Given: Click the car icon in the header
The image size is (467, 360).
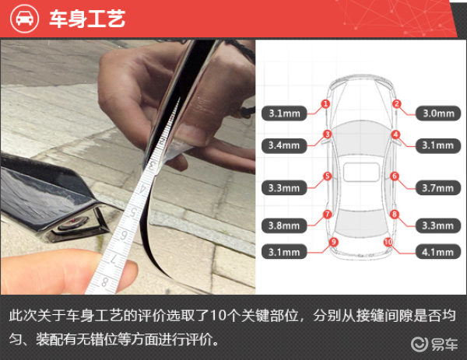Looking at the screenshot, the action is (x=24, y=19).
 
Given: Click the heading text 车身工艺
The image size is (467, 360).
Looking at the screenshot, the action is (x=87, y=19).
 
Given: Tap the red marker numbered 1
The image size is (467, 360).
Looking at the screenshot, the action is (x=325, y=104).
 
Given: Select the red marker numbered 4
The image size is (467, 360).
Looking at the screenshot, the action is (x=395, y=135).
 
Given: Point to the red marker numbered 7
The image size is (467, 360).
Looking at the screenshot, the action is (x=328, y=215).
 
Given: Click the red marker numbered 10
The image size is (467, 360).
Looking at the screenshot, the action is (x=388, y=242).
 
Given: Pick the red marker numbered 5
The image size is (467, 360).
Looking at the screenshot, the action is (x=328, y=177).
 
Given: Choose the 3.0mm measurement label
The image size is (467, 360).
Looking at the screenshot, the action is (x=438, y=114).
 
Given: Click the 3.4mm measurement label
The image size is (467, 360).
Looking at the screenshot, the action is (x=284, y=145).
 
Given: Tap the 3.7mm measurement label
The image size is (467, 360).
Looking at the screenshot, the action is (x=438, y=187).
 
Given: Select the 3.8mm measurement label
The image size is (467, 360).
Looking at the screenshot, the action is (x=284, y=225).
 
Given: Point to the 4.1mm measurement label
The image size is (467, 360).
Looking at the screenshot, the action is (x=438, y=252).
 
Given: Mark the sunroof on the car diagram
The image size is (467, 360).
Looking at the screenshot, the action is (x=361, y=172).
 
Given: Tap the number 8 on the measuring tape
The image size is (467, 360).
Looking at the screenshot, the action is (x=104, y=281).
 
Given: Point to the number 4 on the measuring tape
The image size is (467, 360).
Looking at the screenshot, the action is (x=143, y=189).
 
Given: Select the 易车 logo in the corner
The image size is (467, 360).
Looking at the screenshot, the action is (x=434, y=344).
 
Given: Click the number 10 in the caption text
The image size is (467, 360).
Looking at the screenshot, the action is (x=218, y=316).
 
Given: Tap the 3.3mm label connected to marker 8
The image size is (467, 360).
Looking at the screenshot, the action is (x=438, y=225).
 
